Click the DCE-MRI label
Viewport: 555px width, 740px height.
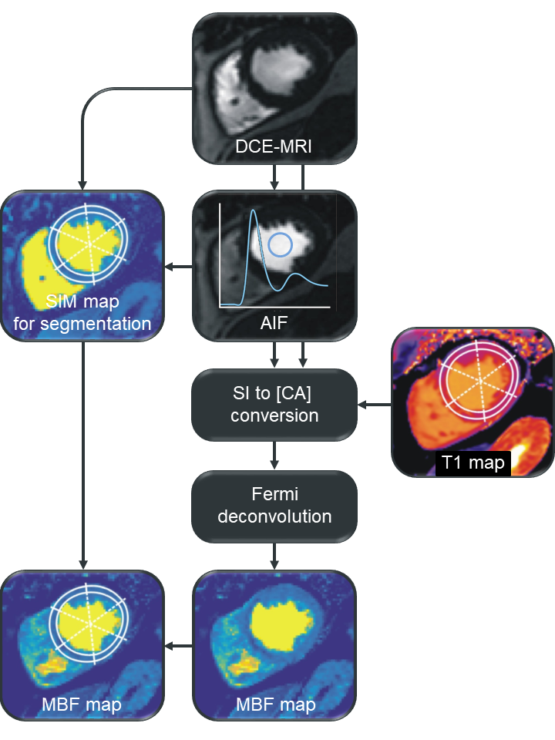coord(273,147)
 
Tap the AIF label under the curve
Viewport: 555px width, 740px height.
coord(274,325)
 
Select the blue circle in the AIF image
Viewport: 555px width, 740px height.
coord(281,245)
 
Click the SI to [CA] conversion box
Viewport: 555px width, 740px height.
coord(274,405)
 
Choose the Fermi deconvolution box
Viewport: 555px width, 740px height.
coord(274,505)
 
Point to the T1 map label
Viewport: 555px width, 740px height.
coord(473,462)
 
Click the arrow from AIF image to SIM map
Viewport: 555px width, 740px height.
coord(178,267)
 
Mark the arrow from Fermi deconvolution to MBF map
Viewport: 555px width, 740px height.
coord(274,555)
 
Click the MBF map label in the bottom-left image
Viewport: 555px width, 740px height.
coord(82,705)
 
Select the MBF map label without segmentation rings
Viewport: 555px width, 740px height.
coord(274,705)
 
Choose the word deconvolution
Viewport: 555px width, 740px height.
coord(274,516)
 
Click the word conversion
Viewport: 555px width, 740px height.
coord(274,415)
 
